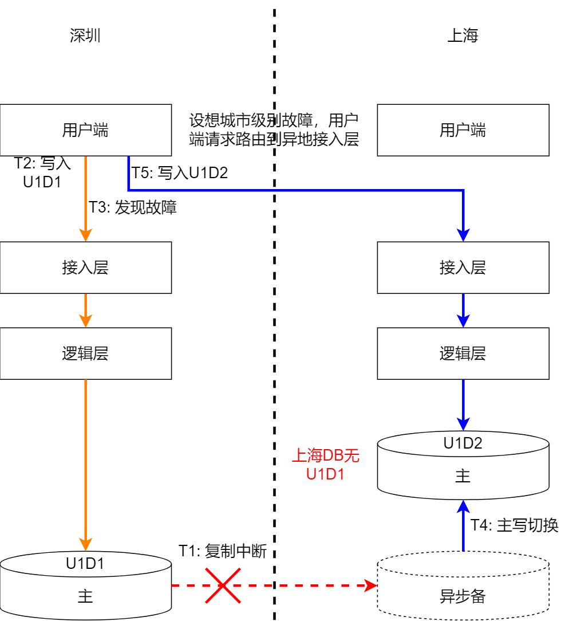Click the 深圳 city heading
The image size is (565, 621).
pos(85,36)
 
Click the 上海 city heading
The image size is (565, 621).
pos(463,36)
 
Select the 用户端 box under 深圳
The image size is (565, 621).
pos(85,130)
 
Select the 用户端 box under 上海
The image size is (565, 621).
pos(463,130)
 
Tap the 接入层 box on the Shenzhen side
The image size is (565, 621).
pos(85,268)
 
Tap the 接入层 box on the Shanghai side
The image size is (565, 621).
pos(463,268)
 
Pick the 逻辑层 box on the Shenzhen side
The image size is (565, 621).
pos(85,353)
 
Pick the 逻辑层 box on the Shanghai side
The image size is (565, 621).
pos(463,353)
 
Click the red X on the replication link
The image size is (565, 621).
pos(223,585)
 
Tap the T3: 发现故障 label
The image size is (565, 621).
pos(132,207)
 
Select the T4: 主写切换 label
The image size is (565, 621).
pos(514,525)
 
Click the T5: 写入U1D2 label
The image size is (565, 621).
pos(180,172)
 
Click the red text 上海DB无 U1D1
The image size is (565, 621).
pos(326,465)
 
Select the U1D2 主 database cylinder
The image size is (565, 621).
pos(463,467)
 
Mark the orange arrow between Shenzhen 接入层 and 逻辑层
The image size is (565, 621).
pos(85,310)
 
